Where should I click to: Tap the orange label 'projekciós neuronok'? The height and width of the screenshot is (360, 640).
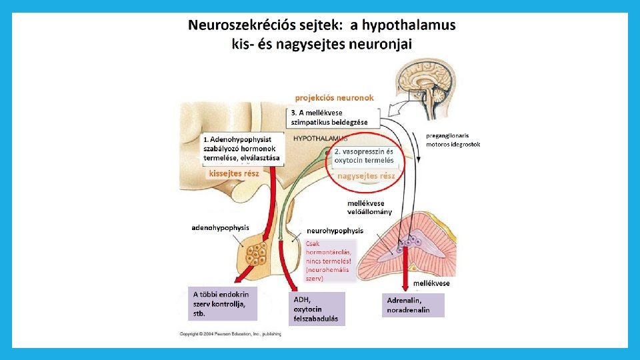coord(335,97)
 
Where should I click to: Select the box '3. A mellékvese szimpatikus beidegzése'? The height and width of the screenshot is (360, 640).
coord(334,117)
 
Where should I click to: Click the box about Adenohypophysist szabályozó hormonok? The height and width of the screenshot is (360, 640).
coord(243,150)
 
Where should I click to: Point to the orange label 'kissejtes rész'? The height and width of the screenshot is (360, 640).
coord(234,173)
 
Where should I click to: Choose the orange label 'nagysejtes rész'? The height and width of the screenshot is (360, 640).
coord(367,176)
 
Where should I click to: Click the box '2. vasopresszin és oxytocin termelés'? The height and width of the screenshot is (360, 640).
coord(364,156)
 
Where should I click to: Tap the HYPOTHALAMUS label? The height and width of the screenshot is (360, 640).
coord(320,139)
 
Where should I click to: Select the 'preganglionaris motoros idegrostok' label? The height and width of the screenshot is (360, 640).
coord(453,139)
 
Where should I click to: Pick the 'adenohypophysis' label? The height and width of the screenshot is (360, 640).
coord(221,227)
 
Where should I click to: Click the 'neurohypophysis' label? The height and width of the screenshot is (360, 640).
coord(335,231)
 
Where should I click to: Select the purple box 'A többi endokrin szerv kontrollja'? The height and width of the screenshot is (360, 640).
coord(223,303)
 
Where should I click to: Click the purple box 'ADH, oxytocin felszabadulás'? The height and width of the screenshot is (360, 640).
coord(317,309)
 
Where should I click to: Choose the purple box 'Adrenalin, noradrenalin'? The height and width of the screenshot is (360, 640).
coord(413,305)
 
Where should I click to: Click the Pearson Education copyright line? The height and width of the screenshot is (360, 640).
coord(231,333)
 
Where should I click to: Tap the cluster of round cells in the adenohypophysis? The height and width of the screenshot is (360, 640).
coord(258,254)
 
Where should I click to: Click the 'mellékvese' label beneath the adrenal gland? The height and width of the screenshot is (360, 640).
coord(431,283)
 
